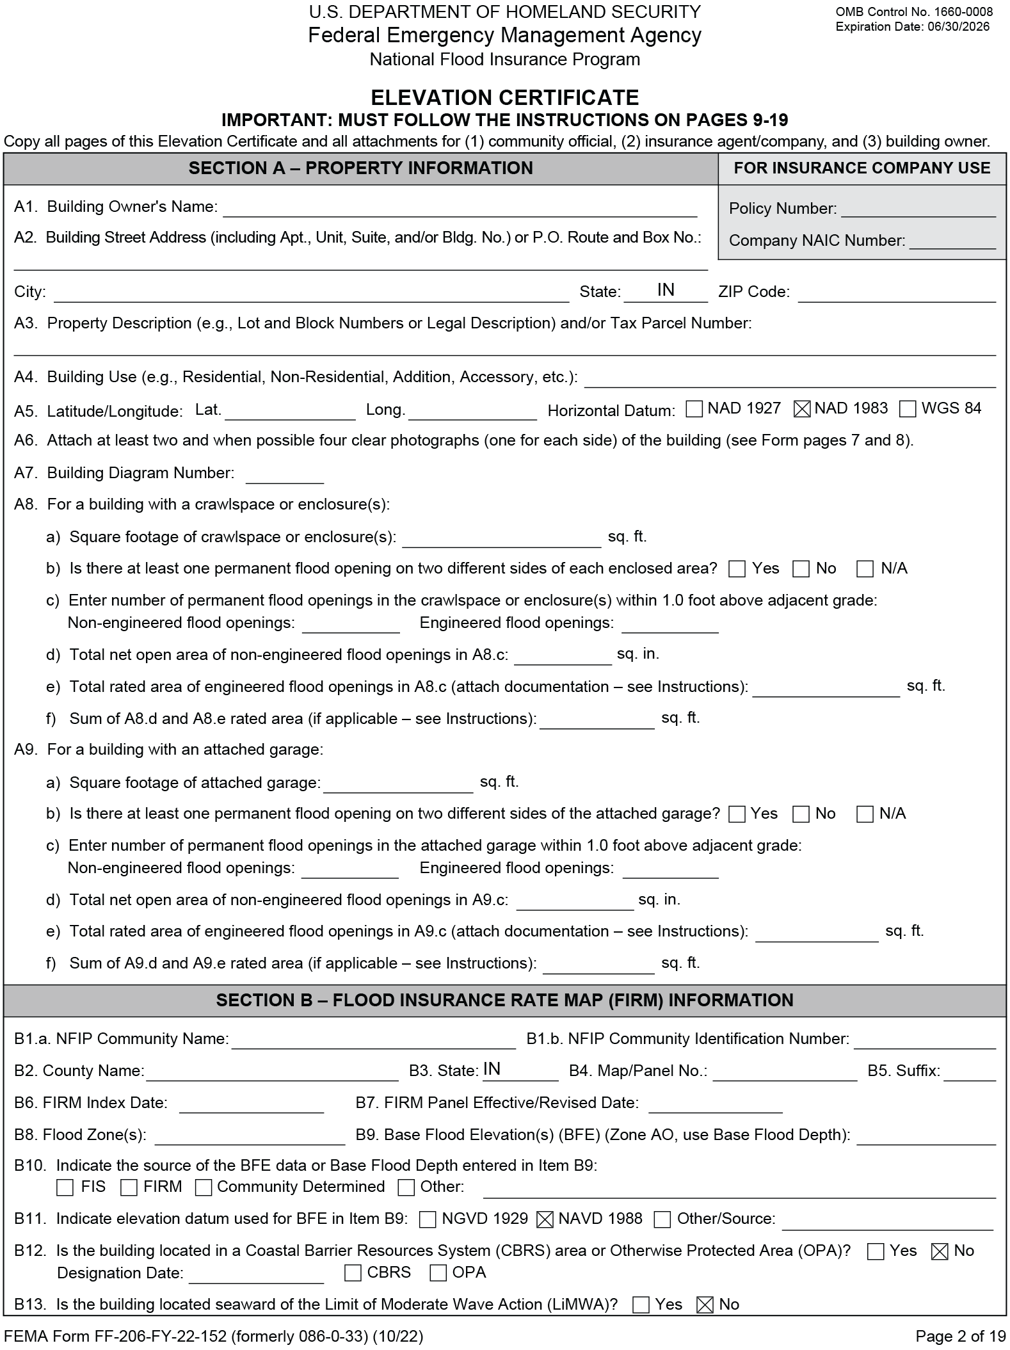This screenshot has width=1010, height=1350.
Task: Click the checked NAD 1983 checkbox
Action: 801,409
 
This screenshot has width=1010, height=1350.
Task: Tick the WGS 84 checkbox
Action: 908,409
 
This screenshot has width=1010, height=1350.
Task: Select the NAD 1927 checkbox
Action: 694,409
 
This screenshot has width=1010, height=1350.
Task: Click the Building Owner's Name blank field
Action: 459,208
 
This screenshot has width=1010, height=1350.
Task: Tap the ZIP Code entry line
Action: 896,293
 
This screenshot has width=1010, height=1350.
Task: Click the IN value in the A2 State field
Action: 666,291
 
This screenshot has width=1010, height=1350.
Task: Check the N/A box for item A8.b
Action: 865,569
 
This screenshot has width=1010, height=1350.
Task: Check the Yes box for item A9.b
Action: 737,814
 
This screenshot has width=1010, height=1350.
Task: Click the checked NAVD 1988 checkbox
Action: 544,1219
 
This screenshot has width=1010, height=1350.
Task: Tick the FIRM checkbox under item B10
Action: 129,1188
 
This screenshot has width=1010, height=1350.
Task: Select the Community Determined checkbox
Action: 204,1188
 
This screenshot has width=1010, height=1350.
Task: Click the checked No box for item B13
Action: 705,1305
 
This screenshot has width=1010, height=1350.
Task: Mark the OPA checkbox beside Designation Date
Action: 438,1273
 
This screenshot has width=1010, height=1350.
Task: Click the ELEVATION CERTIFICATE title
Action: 504,98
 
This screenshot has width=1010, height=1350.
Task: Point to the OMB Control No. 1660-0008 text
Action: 914,12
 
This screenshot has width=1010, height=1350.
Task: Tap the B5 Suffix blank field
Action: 969,1072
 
